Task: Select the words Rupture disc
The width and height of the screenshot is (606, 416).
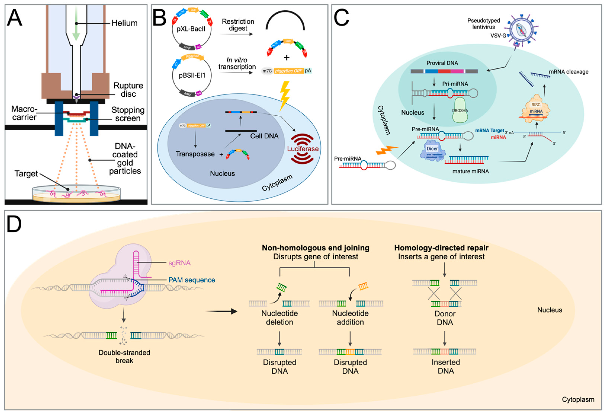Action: pyautogui.click(x=128, y=89)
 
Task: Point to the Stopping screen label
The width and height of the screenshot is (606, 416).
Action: pyautogui.click(x=128, y=114)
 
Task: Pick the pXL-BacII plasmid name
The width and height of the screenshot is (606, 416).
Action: pyautogui.click(x=191, y=29)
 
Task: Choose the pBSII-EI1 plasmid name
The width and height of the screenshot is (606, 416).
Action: pyautogui.click(x=192, y=75)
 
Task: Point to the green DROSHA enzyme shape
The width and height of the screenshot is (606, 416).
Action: pyautogui.click(x=460, y=110)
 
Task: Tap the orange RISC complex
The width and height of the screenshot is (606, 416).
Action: pyautogui.click(x=536, y=109)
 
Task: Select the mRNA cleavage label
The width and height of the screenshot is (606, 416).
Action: pyautogui.click(x=568, y=72)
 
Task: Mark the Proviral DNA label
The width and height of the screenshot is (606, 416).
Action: pyautogui.click(x=442, y=63)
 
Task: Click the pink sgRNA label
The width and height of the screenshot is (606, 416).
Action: pyautogui.click(x=179, y=263)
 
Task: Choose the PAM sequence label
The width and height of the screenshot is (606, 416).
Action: pyautogui.click(x=192, y=280)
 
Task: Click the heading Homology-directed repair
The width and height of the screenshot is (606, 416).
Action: pyautogui.click(x=441, y=248)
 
